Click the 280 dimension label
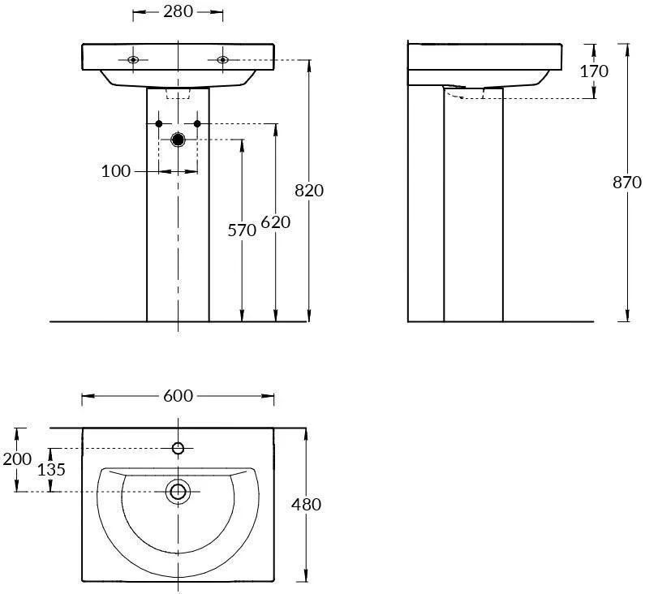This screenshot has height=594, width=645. (x=178, y=11)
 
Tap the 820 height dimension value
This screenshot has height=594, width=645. (x=309, y=191)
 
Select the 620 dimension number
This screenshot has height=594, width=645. (x=276, y=222)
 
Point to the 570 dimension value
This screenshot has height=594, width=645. (x=242, y=230)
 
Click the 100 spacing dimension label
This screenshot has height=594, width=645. (x=115, y=171)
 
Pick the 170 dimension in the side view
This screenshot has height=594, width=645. (x=594, y=71)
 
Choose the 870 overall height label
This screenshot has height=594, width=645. (x=627, y=183)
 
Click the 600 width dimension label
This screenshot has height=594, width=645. (x=178, y=396)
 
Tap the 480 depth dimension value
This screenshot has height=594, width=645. (x=306, y=504)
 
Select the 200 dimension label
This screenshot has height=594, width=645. (x=17, y=459)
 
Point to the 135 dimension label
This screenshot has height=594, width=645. (x=51, y=469)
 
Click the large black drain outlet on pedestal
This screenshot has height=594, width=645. (x=178, y=140)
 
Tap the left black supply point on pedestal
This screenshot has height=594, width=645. (x=159, y=123)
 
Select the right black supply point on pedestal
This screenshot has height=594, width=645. (x=197, y=123)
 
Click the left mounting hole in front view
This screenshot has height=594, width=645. (x=133, y=60)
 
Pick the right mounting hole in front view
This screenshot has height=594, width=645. (x=222, y=60)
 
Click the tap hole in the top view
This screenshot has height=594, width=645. (x=178, y=448)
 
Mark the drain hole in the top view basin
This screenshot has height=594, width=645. (x=178, y=492)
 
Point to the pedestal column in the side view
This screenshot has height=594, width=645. (x=474, y=204)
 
